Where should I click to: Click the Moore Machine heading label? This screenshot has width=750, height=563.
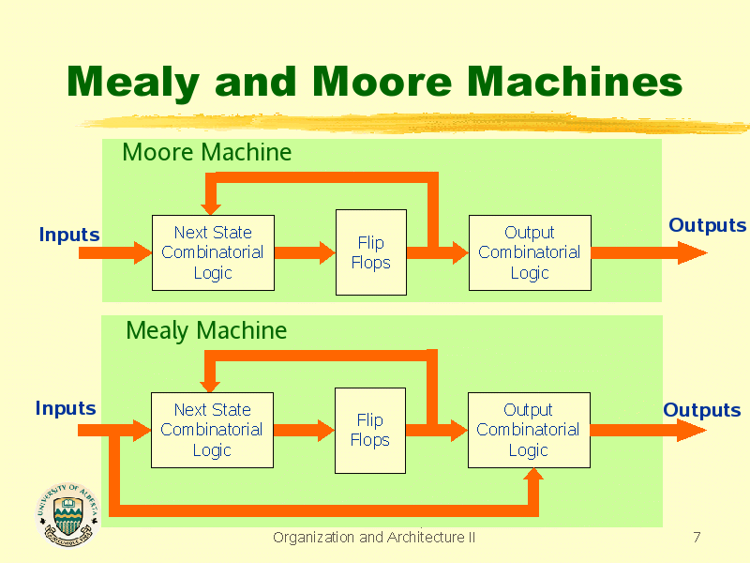point(206,152)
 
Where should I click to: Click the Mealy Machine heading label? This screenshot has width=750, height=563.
point(206,330)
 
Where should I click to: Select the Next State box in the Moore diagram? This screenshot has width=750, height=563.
point(213,252)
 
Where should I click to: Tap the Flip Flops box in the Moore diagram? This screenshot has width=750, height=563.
point(370,252)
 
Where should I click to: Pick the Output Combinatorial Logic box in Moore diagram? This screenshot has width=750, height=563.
point(530,252)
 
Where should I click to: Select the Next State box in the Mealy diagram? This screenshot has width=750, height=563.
point(212,430)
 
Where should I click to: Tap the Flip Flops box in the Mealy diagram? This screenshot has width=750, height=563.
point(369,430)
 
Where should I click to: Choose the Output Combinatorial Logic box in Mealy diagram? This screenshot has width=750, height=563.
point(529,430)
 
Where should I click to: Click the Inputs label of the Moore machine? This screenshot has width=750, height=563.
point(69,235)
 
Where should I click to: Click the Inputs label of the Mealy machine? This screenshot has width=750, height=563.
point(66,408)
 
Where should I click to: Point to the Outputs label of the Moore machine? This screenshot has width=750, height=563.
point(707,225)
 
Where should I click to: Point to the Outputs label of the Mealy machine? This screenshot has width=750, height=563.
point(701,410)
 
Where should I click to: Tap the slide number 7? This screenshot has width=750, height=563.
point(696,538)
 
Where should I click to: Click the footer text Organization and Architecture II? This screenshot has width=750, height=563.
point(373,538)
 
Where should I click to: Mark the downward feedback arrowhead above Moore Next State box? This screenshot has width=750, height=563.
point(211,205)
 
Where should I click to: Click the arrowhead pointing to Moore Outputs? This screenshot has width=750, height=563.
point(692,252)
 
